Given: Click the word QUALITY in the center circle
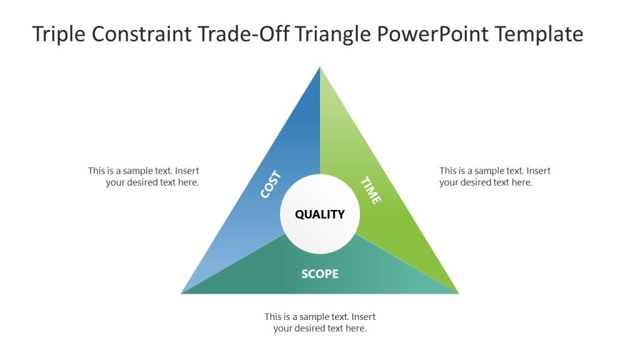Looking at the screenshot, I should tap(319, 214).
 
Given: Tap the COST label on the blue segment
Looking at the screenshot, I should tap(271, 184).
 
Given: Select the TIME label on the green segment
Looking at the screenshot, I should tap(371, 190).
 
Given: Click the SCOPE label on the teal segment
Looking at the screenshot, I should tap(319, 274).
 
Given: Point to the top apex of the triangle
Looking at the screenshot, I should tap(320, 68).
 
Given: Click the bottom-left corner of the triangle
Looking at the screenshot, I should tap(183, 292).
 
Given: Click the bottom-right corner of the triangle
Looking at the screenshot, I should tap(457, 292).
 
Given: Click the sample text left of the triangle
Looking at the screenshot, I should tap(144, 176).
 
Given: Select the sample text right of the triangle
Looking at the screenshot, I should tap(494, 176).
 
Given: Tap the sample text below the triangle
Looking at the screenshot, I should tap(319, 322).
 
